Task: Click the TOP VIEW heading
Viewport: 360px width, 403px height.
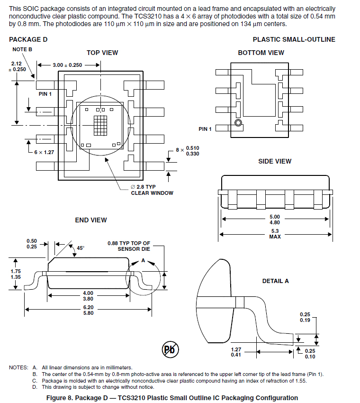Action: point(102,53)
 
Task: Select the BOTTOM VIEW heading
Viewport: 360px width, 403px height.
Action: point(261,53)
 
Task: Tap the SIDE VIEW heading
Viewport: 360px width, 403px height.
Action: point(275,161)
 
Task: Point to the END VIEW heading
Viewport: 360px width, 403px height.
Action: point(91,220)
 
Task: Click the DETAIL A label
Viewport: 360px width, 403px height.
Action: point(275,281)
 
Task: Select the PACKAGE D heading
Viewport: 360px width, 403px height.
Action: point(28,40)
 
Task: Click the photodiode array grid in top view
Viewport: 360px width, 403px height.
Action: point(100,126)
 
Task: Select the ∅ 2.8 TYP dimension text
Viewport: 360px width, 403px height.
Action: point(149,187)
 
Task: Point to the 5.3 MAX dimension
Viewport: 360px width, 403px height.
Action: point(274,233)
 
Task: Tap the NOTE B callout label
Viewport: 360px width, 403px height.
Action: point(22,49)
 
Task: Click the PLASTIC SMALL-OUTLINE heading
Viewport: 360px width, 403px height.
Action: point(294,40)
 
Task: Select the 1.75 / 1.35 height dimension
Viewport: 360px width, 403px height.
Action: point(16,274)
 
